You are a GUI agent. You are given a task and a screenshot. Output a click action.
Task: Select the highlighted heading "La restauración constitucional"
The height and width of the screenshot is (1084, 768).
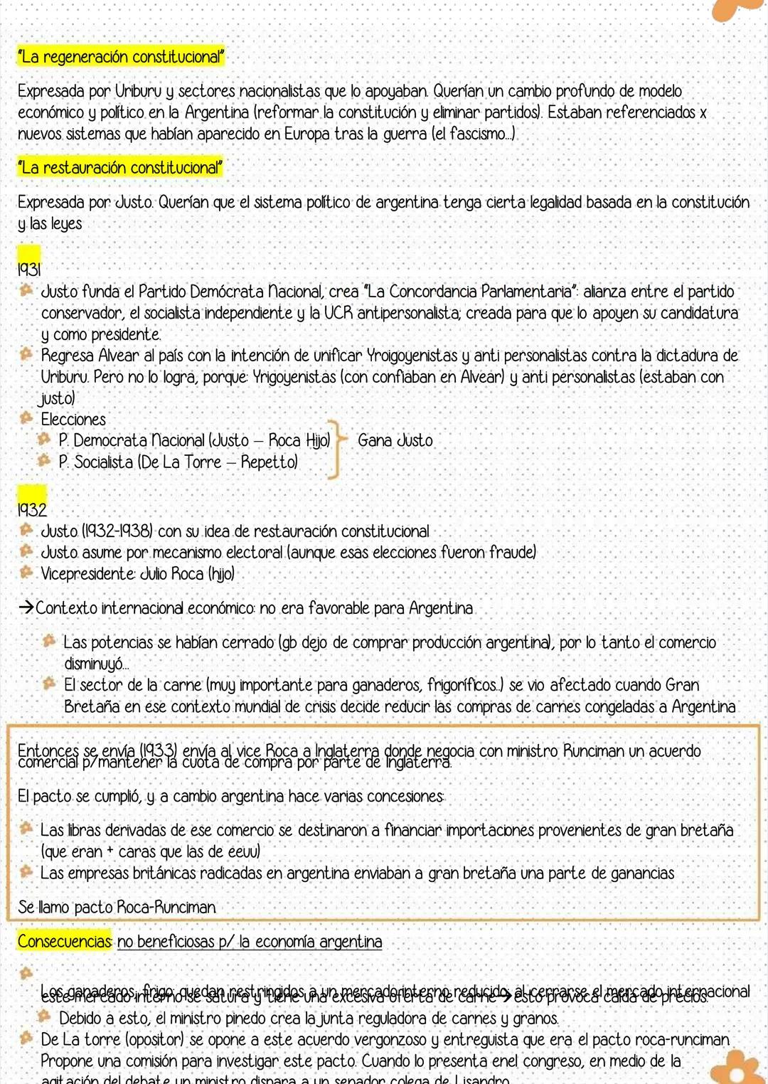coord(119,168)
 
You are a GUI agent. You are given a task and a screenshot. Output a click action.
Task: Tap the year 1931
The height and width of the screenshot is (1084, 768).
coord(29,269)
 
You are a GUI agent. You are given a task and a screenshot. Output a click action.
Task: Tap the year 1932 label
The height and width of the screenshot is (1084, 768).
coord(32,509)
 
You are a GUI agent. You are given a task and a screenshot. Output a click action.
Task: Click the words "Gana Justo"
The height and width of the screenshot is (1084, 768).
coord(395,440)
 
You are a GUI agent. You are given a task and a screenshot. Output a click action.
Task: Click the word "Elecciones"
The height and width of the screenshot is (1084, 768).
coord(73,419)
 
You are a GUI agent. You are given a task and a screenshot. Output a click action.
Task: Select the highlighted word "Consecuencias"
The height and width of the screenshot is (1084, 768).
coord(65,941)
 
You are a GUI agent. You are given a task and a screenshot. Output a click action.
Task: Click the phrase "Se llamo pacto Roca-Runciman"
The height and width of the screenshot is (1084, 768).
coord(117,907)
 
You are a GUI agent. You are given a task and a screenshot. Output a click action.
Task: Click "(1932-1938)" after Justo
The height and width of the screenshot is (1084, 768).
coord(119,531)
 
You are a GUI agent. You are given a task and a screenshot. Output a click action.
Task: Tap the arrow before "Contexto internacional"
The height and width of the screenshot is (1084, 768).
coord(26,608)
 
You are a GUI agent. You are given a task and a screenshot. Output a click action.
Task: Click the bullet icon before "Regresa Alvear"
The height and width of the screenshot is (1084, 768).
coord(26,354)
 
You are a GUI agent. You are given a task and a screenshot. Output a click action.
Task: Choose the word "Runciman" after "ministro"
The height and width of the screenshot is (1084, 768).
coord(593,750)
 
